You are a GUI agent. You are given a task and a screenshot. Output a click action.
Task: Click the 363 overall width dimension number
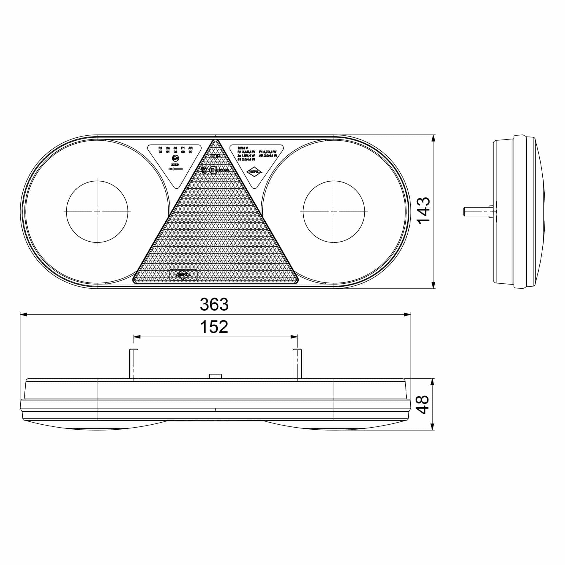pos(214,305)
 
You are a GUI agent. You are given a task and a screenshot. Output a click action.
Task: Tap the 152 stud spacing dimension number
pos(214,327)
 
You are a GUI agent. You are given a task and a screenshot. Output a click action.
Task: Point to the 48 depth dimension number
pos(423,405)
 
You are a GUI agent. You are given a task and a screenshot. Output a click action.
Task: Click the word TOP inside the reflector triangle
pos(215,157)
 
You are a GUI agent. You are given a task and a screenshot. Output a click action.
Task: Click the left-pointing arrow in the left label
pos(175,169)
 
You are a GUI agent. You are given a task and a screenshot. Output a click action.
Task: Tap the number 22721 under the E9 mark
pos(175,165)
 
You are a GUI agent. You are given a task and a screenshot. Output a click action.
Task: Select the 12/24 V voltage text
pos(243,148)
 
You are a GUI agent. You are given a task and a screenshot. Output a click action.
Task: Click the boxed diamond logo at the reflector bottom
pos(183,275)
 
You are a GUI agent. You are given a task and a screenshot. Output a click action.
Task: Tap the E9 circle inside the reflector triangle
pos(213,170)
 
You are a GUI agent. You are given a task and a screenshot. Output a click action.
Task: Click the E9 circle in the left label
pos(176,158)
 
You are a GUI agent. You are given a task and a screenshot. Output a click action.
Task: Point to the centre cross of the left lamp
pos(97,211)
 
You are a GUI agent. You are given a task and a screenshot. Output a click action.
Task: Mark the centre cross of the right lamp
pos(334,211)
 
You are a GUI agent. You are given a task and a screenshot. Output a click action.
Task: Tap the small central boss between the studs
pos(215,376)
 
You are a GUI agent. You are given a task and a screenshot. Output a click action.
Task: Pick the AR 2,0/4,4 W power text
pos(268,156)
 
